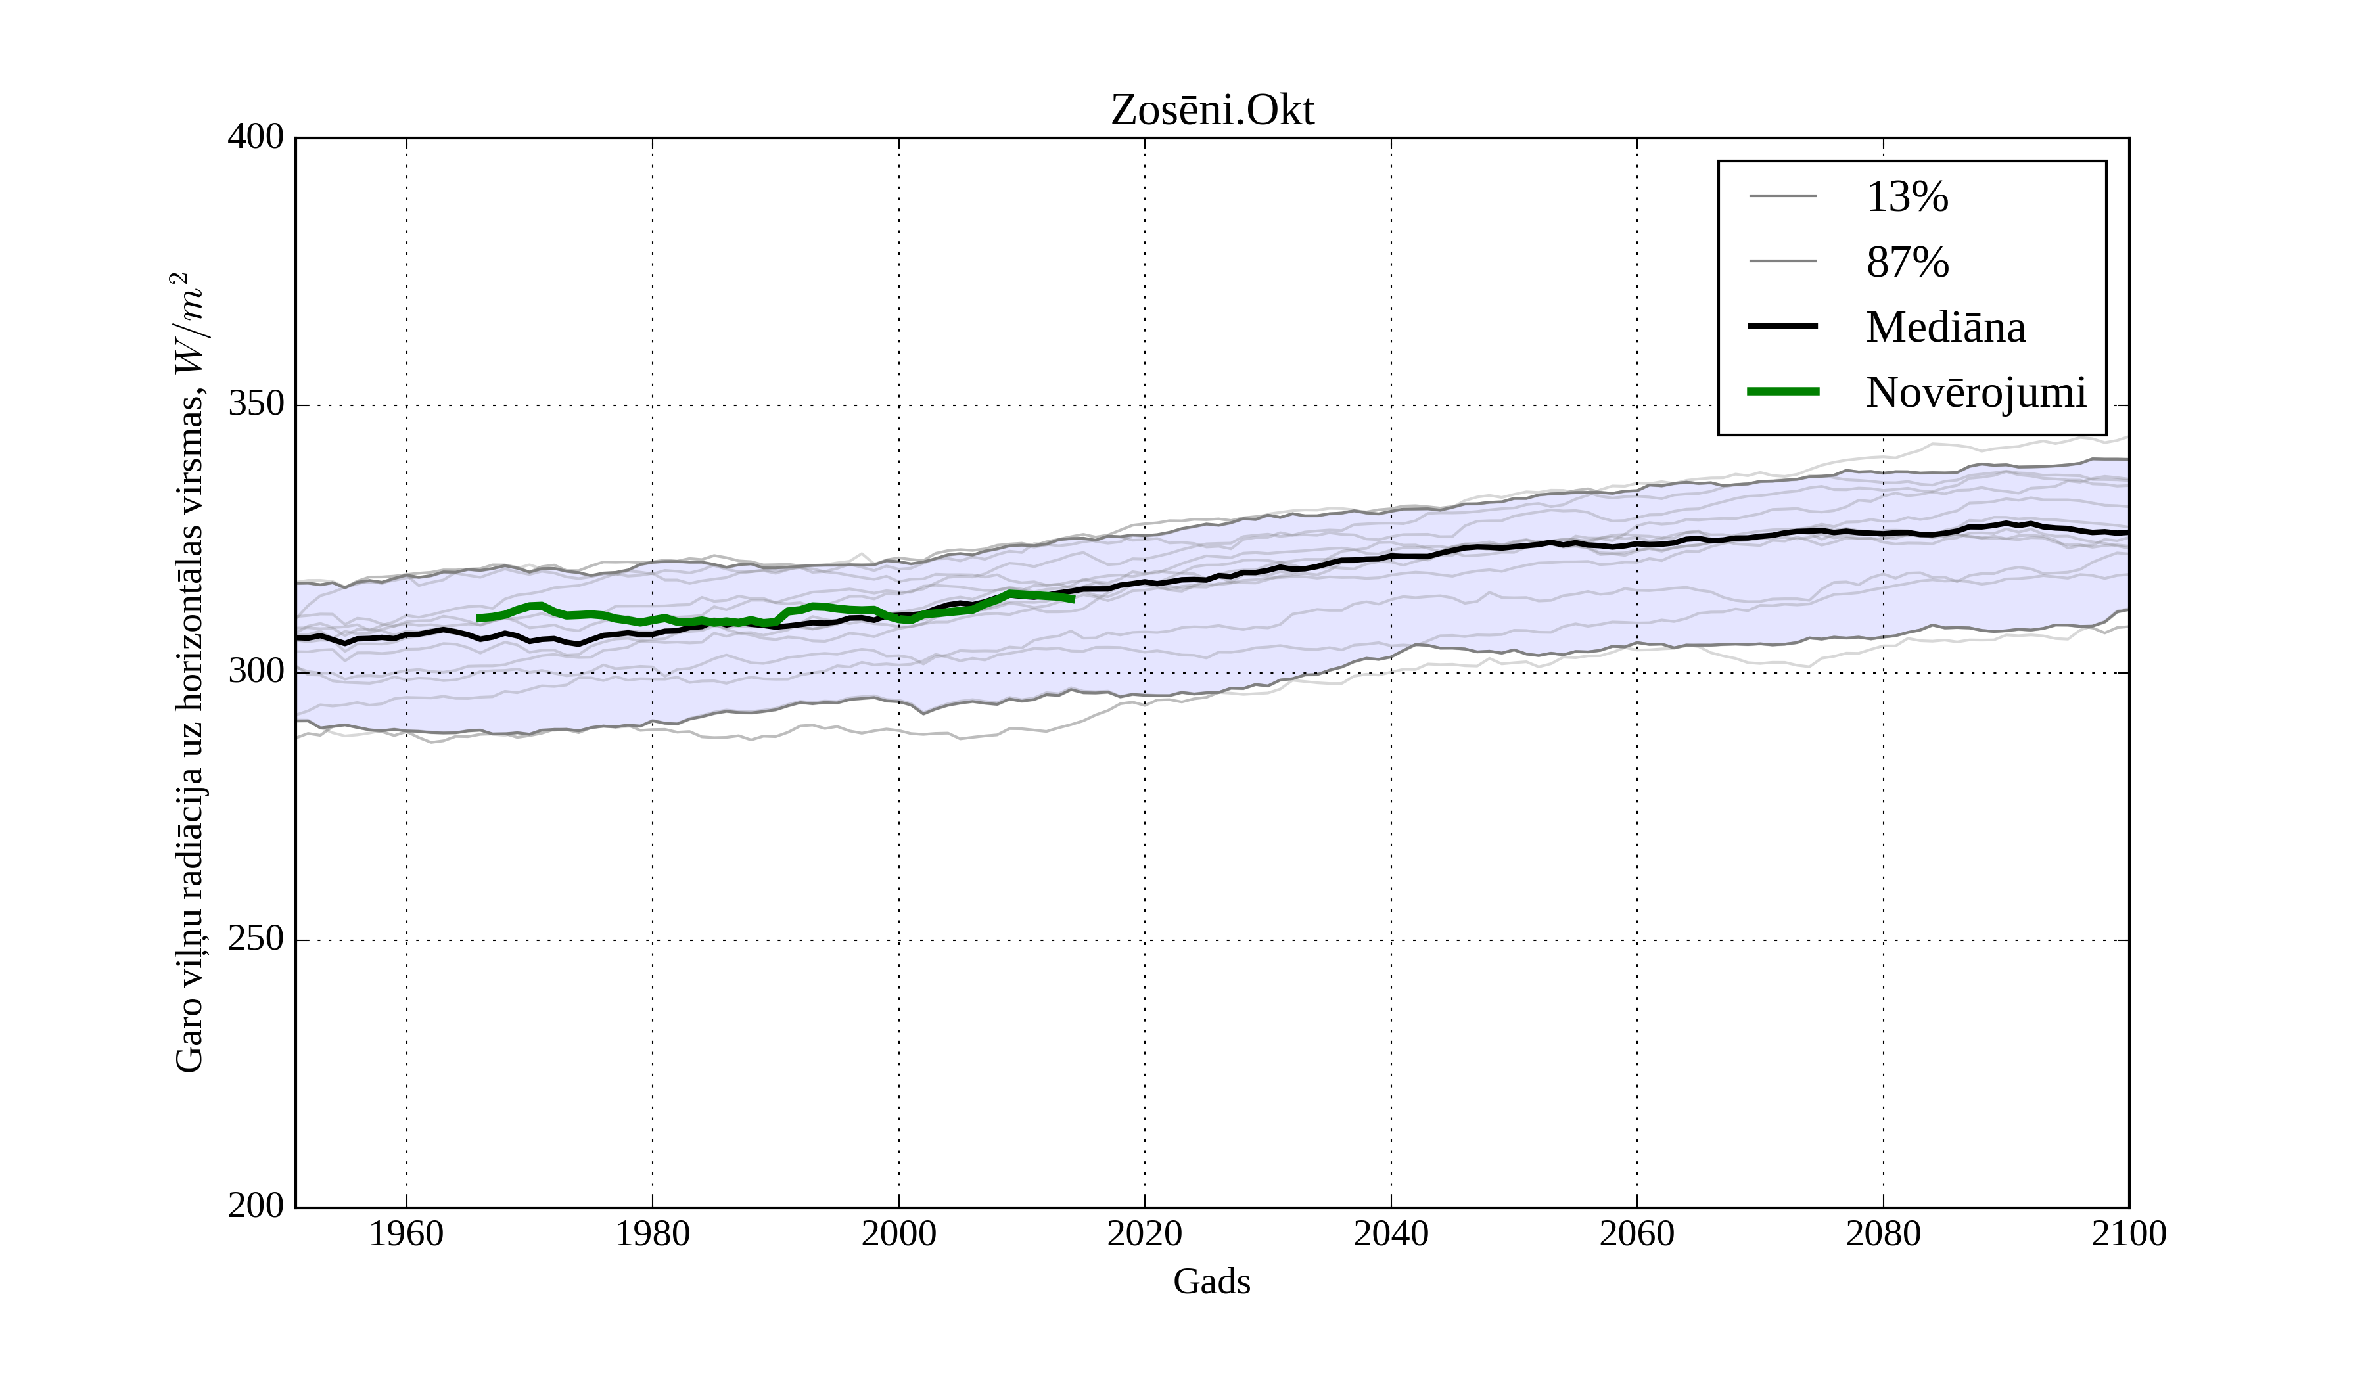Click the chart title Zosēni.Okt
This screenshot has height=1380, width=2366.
[1212, 111]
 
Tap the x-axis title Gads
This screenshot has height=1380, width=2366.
[1211, 1281]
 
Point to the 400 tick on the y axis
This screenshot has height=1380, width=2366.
[256, 138]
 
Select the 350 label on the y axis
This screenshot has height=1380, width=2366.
[256, 405]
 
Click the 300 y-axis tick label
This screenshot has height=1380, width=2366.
[256, 672]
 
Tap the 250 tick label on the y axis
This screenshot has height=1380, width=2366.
[256, 940]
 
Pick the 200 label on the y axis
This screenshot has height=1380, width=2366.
[256, 1207]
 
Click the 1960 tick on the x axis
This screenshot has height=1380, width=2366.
[407, 1233]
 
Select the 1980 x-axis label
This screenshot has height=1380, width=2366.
[653, 1233]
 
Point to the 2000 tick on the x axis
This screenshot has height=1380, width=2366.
[898, 1233]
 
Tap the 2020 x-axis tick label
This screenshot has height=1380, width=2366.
[1144, 1233]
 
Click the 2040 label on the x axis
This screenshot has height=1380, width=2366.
[1391, 1233]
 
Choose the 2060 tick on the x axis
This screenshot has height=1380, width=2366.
[1636, 1233]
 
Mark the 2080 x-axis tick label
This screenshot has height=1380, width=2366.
[1882, 1233]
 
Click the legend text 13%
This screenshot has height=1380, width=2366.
[1907, 197]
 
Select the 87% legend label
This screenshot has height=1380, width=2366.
[1907, 262]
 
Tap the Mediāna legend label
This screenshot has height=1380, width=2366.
[1945, 327]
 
